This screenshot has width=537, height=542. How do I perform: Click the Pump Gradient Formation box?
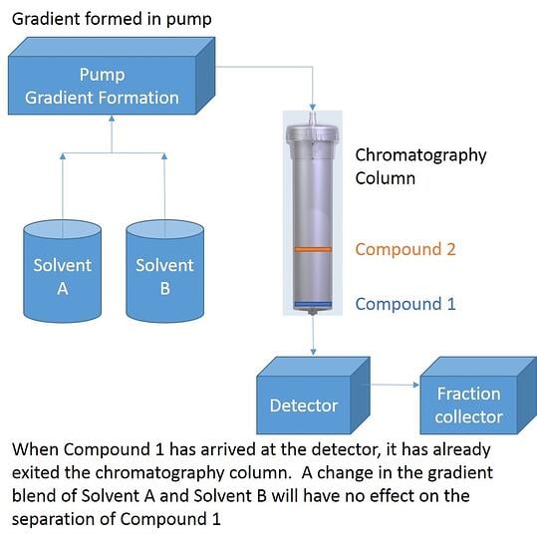[x=102, y=87]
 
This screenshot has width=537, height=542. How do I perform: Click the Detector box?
[x=303, y=405]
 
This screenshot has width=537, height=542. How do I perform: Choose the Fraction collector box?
[x=468, y=405]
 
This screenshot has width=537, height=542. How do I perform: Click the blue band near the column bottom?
[x=312, y=304]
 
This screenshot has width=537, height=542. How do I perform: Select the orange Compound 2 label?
[x=404, y=249]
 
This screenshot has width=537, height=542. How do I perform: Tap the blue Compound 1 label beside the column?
[x=404, y=304]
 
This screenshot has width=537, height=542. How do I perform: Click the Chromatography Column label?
[x=420, y=166]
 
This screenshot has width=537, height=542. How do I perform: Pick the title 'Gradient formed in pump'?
[x=112, y=19]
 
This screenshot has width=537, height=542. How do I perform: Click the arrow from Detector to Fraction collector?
[x=399, y=385]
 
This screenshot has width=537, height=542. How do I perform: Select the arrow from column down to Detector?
[x=313, y=335]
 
